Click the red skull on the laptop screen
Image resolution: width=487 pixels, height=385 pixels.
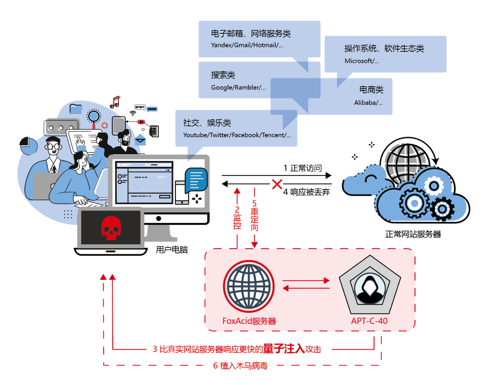point(111,228)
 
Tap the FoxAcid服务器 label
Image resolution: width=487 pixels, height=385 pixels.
point(249,321)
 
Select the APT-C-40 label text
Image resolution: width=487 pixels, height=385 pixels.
point(369,321)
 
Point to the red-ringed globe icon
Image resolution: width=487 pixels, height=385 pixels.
point(249,286)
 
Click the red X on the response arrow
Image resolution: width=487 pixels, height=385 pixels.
point(277,184)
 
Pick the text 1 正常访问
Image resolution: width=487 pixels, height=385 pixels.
point(302,168)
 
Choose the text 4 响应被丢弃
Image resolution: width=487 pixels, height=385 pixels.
point(307,192)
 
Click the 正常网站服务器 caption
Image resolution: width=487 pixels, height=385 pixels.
point(413,234)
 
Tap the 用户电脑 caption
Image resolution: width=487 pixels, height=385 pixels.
point(172,250)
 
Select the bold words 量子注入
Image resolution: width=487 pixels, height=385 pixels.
point(284,349)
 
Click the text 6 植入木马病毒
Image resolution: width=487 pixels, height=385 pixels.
point(240,366)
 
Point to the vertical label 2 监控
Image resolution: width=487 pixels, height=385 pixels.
point(237,218)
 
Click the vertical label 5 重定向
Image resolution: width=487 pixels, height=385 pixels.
point(254,215)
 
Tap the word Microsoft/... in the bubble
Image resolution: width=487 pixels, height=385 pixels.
point(362,61)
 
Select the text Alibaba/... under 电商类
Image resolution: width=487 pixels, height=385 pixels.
point(368,103)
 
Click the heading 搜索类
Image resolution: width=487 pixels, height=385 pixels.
point(223,75)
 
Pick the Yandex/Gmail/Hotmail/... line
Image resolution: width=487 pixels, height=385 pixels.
point(247,45)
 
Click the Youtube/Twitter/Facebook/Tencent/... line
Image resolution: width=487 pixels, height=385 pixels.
point(237,135)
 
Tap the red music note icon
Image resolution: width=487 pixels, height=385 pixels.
point(115,102)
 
